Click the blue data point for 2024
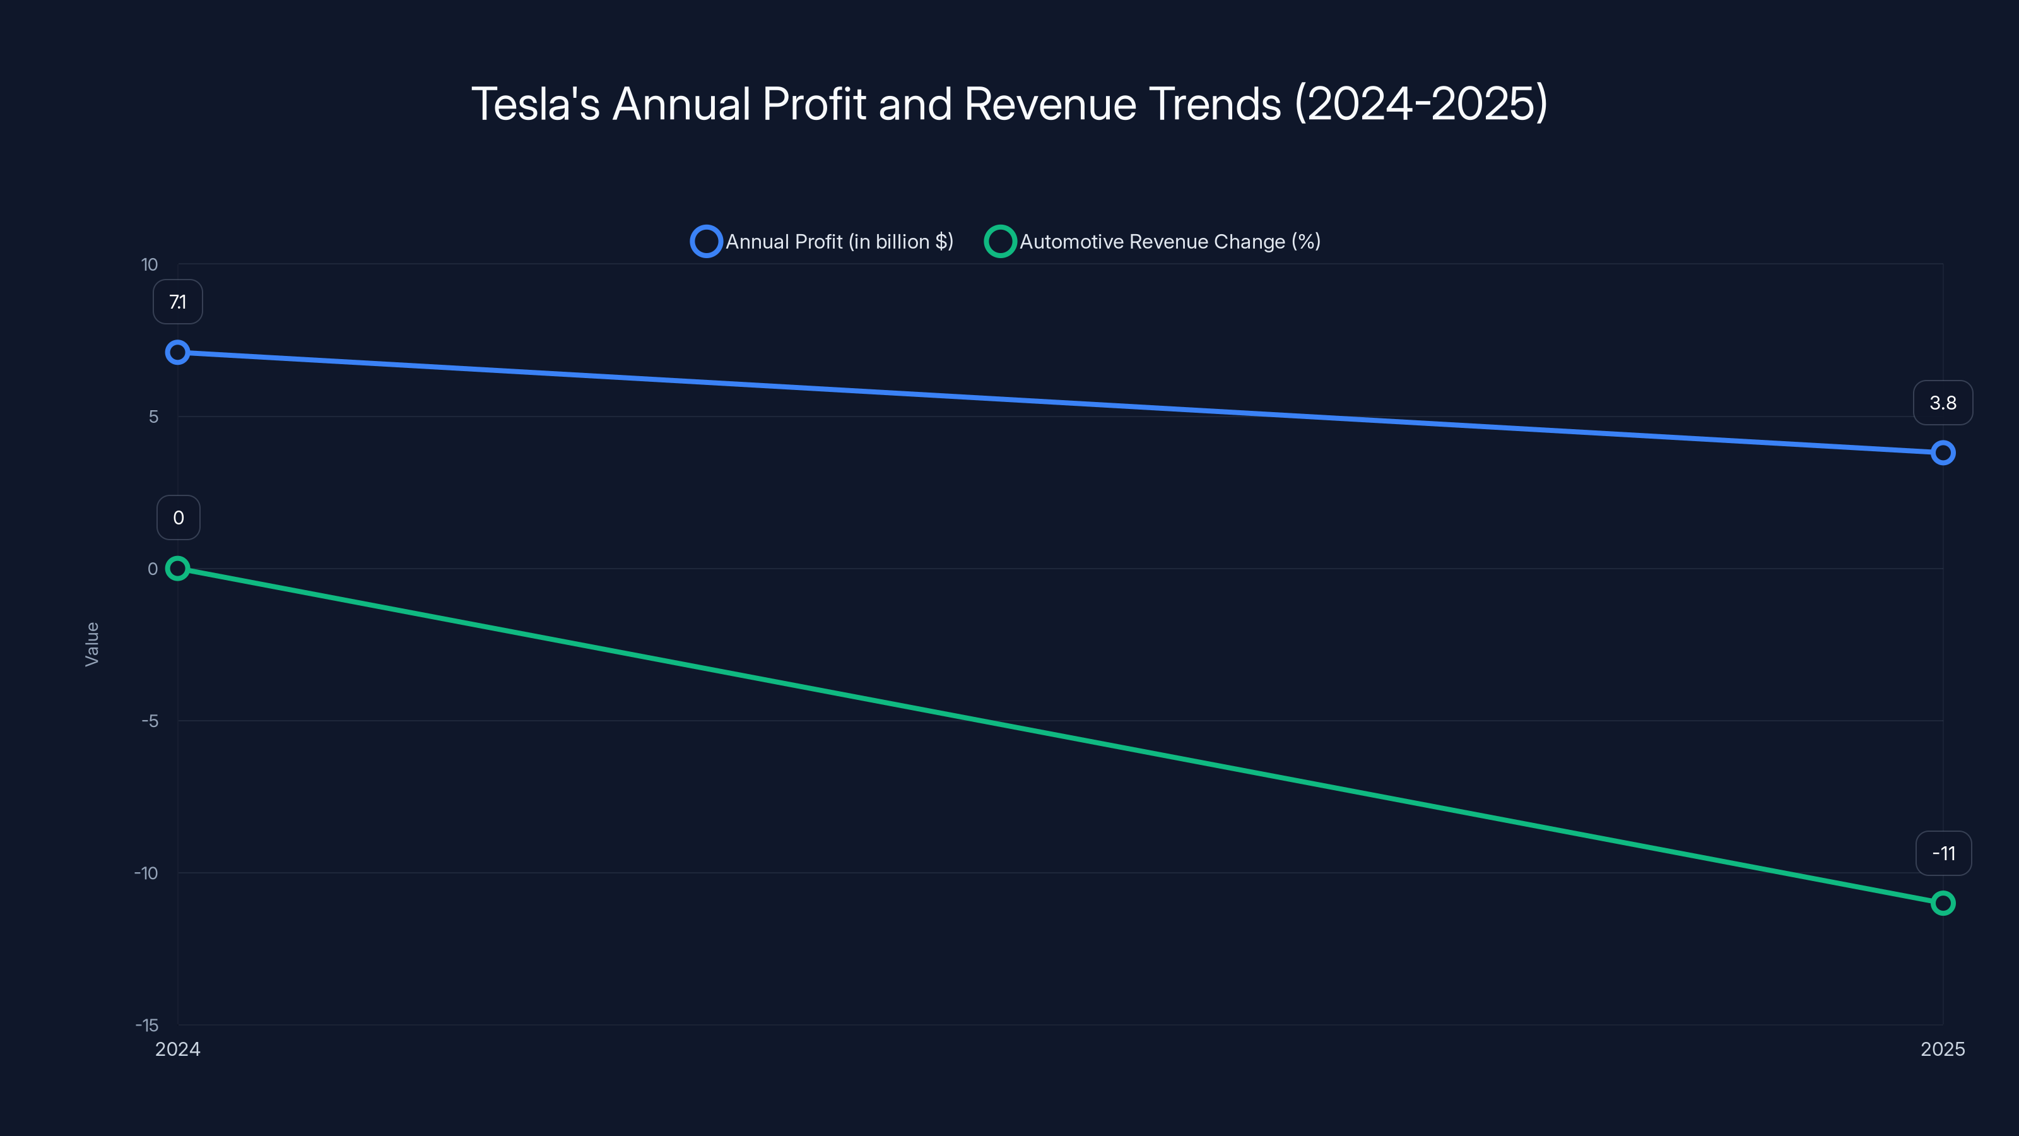coord(178,353)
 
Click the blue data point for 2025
coord(1943,453)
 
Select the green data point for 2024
coord(178,569)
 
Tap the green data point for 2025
coord(1943,903)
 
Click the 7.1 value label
coord(178,302)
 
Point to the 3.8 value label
coord(1943,403)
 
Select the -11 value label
coord(1943,853)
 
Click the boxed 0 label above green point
coord(179,518)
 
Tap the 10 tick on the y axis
coord(149,265)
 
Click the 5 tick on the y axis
coord(153,417)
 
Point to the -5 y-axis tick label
coord(150,721)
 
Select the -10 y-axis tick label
coord(146,873)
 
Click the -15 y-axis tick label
coord(146,1026)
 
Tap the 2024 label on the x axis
coord(178,1050)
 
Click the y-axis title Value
coord(91,644)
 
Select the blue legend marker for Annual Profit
coord(706,242)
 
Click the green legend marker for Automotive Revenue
coord(1000,242)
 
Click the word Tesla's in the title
coord(535,104)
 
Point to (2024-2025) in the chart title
coord(1421,104)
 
